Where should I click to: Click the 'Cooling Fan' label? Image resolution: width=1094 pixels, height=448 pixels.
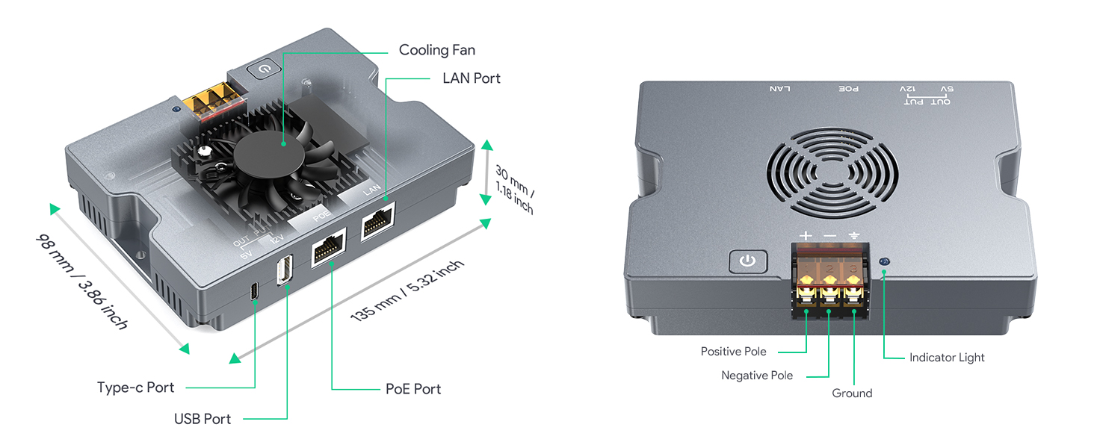point(436,50)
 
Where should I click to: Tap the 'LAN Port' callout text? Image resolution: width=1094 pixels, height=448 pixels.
point(472,78)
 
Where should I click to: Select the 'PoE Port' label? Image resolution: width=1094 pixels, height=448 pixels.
point(413,389)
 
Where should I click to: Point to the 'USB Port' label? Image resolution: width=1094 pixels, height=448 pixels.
point(203,419)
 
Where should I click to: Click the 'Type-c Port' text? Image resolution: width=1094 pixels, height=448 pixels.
point(135,388)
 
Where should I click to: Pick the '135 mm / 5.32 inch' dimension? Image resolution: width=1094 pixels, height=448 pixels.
point(407,290)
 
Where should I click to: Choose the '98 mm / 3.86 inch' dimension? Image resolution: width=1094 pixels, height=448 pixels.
point(82,281)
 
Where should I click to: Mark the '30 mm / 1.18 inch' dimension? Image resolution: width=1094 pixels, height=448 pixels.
point(515,190)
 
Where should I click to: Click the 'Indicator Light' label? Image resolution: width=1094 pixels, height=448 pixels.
point(947,358)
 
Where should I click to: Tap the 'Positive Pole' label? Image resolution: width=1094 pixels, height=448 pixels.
point(733,352)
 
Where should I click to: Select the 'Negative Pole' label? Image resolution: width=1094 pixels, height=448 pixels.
point(757,376)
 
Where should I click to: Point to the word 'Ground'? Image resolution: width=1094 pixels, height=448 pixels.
point(852,393)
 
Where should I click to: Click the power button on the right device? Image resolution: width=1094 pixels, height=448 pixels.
point(747,261)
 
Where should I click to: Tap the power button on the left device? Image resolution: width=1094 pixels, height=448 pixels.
point(265,69)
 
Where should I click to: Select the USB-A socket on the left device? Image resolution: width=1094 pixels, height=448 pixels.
point(285,270)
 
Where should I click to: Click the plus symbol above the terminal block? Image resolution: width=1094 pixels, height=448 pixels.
point(806,236)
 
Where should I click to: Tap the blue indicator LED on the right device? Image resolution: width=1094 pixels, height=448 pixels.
point(884,261)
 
